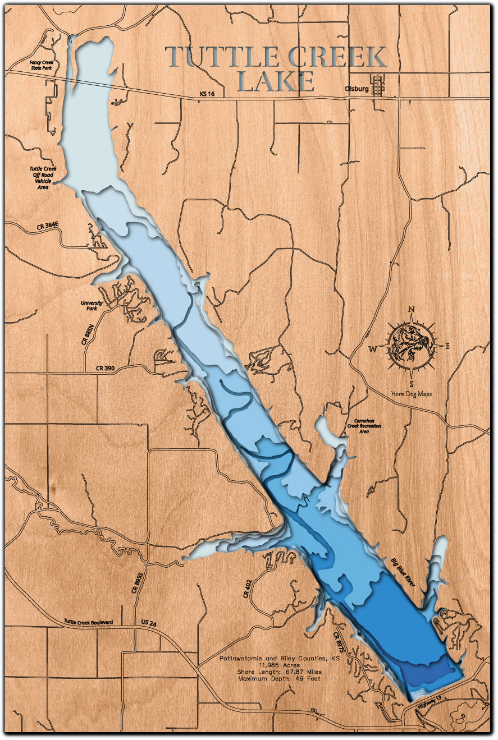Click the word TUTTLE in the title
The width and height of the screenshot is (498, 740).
pos(222,57)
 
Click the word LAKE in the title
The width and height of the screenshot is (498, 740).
pos(276,82)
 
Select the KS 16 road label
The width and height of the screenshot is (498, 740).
pos(207,95)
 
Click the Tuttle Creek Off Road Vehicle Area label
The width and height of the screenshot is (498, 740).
pos(43,178)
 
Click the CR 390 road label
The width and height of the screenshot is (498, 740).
pos(105,368)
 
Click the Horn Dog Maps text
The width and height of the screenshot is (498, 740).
pos(412,394)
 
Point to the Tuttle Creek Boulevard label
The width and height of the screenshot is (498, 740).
pos(89,622)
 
